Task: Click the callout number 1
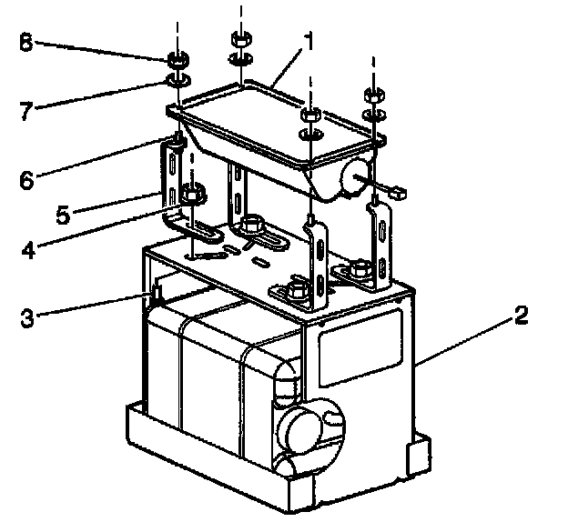[309, 41]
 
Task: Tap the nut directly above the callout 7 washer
[177, 63]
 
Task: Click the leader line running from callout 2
[464, 341]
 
